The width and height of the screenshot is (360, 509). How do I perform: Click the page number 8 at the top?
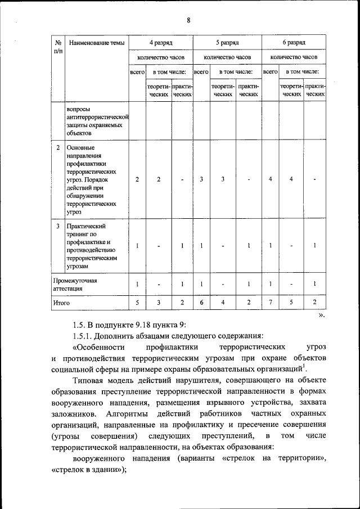pos(188,21)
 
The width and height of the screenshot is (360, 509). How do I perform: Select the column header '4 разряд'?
pos(160,42)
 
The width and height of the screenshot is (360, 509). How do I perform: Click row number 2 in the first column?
pos(58,147)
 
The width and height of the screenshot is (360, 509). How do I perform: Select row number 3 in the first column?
pos(58,226)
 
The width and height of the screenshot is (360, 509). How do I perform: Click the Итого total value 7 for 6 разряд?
pos(271,303)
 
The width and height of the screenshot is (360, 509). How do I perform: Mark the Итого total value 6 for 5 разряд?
pos(201,303)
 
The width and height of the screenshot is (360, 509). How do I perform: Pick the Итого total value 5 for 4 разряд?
pos(137,303)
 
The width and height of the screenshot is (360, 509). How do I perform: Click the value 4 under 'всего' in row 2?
pos(271,179)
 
